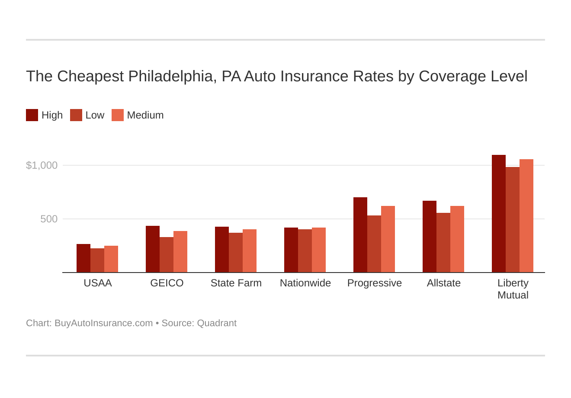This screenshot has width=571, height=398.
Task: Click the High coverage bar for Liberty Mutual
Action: (498, 214)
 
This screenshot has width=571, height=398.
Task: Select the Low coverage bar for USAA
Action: (97, 260)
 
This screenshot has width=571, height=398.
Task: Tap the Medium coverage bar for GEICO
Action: (180, 252)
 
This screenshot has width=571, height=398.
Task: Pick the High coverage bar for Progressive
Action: (360, 235)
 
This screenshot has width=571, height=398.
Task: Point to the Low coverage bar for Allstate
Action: (443, 243)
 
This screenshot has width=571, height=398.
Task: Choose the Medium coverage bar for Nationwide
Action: (319, 250)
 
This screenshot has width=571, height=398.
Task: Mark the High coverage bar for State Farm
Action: (222, 250)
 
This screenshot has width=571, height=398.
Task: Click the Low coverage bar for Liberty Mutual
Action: (513, 220)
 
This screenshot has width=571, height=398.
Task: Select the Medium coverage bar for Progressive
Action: (388, 239)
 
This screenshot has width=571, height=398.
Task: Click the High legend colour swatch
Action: (32, 115)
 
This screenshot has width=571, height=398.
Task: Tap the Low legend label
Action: (95, 115)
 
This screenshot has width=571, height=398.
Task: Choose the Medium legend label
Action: (145, 115)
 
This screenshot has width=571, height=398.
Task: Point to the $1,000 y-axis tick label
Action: (42, 165)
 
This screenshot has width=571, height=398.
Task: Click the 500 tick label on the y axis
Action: (49, 219)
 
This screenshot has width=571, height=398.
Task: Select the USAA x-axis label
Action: (98, 283)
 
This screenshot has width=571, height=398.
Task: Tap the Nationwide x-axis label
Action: (305, 283)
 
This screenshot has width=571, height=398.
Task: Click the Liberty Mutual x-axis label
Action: (513, 289)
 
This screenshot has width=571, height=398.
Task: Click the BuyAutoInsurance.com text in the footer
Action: (103, 323)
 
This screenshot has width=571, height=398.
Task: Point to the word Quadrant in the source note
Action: (217, 323)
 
